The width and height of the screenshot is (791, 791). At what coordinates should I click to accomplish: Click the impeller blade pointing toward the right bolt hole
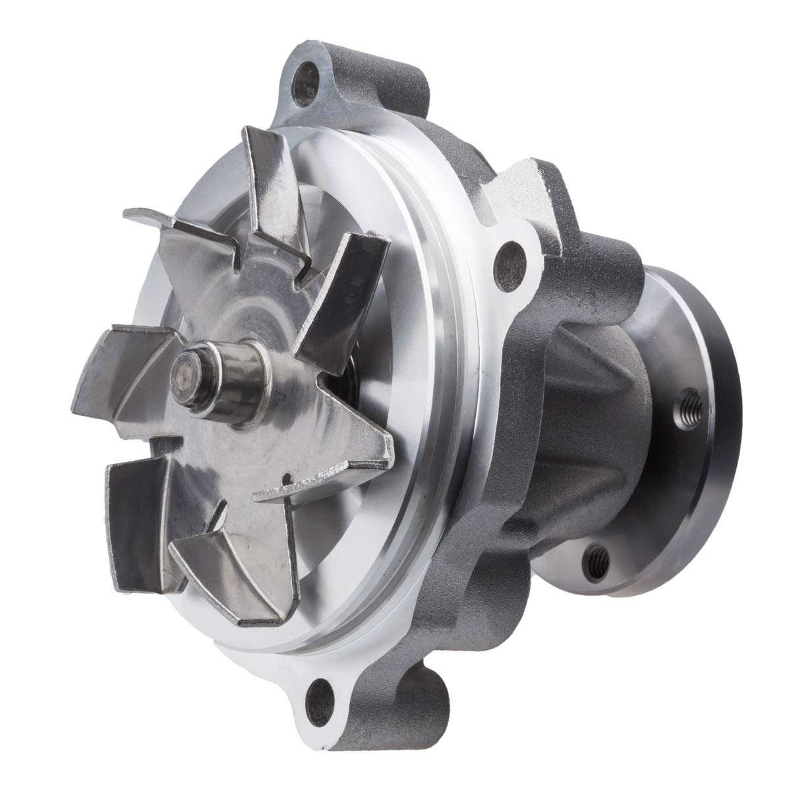(343, 277)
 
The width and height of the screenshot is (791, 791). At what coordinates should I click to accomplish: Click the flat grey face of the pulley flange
(659, 475)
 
